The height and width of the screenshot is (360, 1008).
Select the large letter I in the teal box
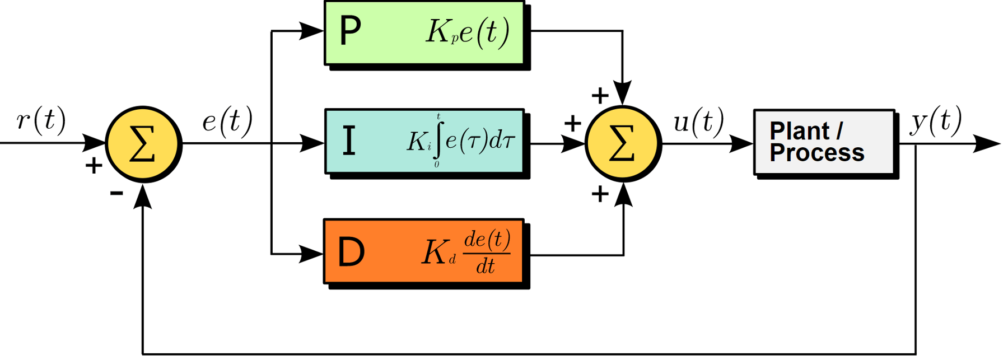point(349,141)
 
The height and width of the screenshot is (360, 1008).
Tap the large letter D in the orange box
point(352,253)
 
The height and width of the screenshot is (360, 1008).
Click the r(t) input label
point(41,119)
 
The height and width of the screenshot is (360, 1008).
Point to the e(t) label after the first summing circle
point(227,120)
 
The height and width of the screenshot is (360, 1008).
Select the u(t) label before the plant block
point(698,121)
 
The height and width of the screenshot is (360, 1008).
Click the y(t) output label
point(936,120)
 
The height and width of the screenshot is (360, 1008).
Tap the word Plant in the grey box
point(799,131)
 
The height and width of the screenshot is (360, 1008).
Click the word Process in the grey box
point(817,153)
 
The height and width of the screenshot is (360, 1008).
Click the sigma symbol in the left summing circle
point(142,144)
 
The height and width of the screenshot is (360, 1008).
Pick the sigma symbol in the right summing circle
point(622,144)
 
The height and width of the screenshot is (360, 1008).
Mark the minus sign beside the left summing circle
point(116,194)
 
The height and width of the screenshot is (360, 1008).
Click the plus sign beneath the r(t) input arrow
point(94,165)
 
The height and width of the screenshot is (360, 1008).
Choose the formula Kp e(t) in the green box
point(468,32)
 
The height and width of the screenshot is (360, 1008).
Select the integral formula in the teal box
point(460,141)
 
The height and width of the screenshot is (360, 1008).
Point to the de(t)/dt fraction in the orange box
point(486,253)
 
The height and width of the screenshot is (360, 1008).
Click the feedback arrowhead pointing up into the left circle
point(143,197)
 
